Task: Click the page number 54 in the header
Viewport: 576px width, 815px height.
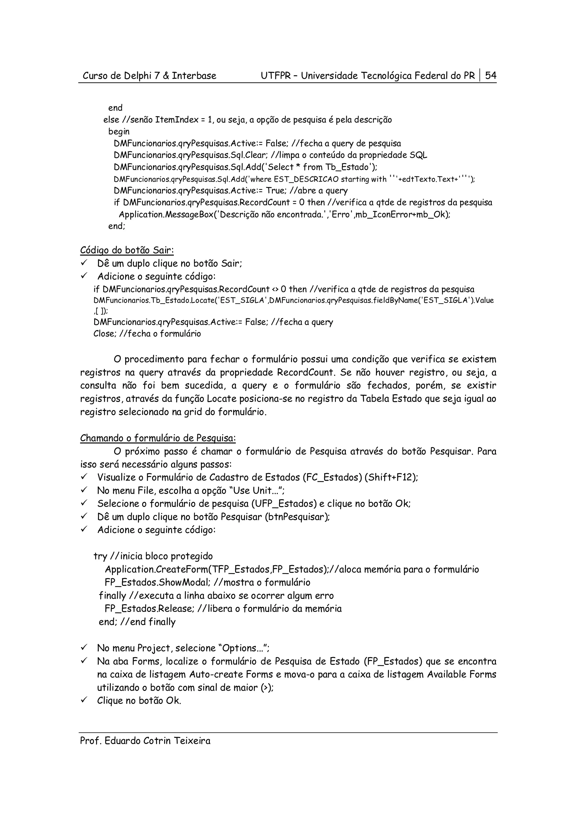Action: coord(491,76)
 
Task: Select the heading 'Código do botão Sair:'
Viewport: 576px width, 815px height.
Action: coord(127,250)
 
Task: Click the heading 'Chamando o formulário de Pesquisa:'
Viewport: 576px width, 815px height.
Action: coord(158,438)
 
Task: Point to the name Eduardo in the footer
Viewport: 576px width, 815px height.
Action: coord(123,741)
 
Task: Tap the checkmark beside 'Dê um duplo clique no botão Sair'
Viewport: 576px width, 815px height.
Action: coord(84,263)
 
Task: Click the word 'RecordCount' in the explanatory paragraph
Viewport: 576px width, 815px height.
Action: coord(306,373)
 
